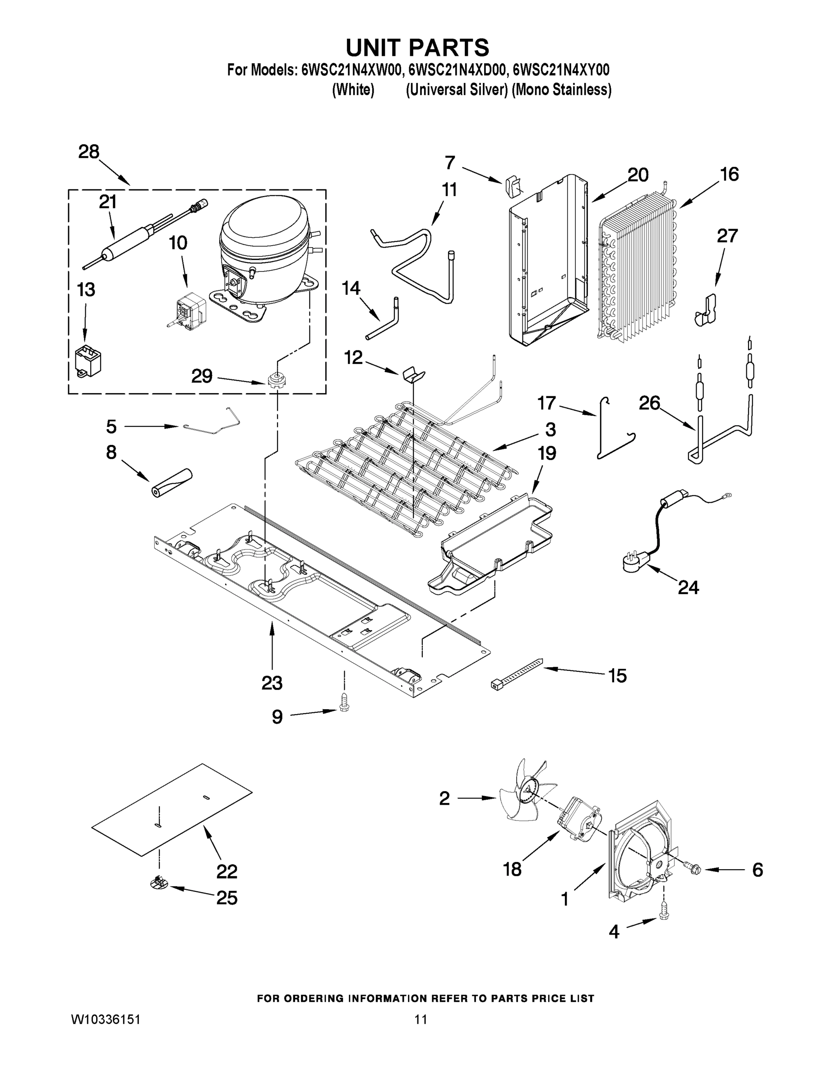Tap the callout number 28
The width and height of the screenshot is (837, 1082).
tap(89, 151)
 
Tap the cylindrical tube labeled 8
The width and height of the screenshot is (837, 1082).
tap(171, 481)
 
